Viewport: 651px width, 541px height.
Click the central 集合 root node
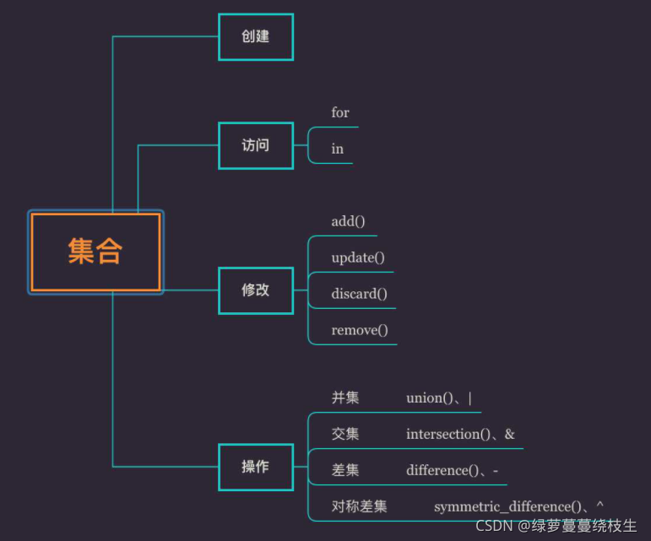click(95, 252)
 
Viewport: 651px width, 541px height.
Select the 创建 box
click(255, 37)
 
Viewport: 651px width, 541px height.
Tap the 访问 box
click(255, 145)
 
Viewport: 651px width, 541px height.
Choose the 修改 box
click(255, 289)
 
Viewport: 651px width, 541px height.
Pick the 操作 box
click(255, 467)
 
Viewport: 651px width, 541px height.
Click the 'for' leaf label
click(340, 112)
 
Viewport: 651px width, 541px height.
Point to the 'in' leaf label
click(338, 149)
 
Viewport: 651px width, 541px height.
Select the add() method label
click(348, 221)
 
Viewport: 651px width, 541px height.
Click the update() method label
click(358, 257)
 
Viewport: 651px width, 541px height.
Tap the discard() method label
click(359, 294)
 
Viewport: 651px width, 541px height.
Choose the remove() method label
click(360, 330)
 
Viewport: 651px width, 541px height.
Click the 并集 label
click(345, 398)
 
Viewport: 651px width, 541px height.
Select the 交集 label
click(345, 434)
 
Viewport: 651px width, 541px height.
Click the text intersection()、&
click(460, 434)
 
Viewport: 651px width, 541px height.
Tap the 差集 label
click(345, 470)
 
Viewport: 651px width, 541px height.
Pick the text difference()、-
click(452, 470)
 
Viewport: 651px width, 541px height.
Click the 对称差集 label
click(360, 506)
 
